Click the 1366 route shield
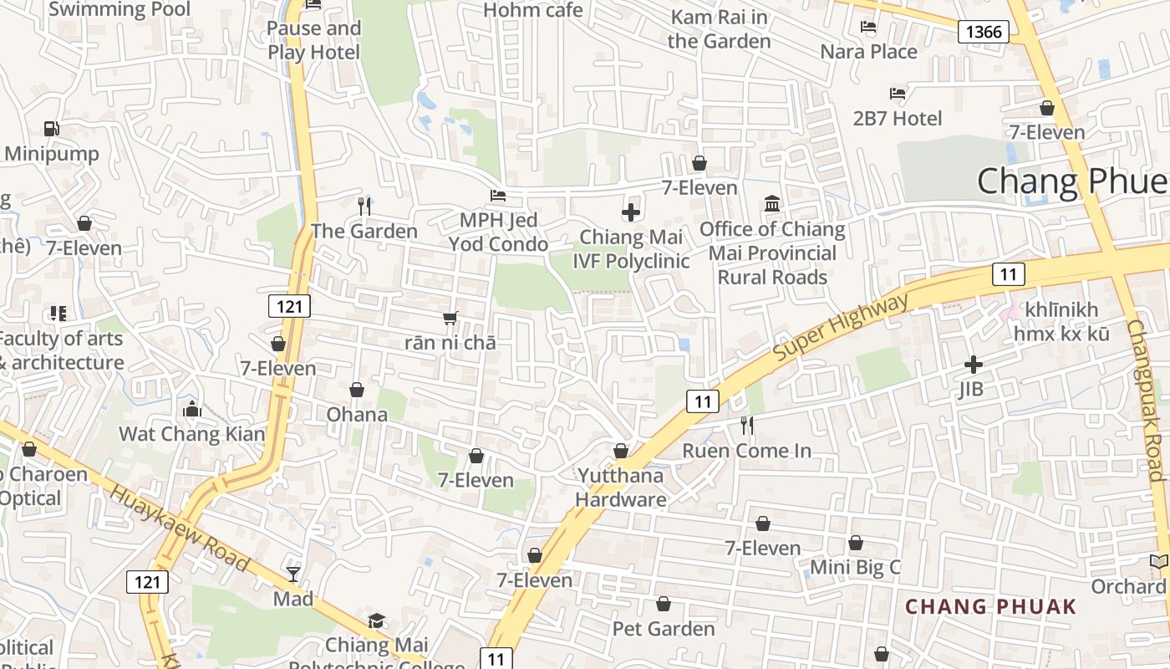(983, 32)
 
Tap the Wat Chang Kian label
(191, 434)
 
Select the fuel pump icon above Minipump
(52, 129)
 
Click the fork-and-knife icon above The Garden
(364, 206)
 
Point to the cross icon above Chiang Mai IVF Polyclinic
(631, 212)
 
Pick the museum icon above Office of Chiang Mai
(772, 204)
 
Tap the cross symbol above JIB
(973, 365)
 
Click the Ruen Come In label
(746, 451)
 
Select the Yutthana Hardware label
(621, 488)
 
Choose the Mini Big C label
(855, 568)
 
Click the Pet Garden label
(664, 628)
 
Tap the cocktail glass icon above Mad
(293, 574)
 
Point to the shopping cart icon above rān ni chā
(450, 318)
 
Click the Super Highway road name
(840, 327)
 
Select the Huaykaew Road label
(180, 528)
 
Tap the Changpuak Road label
(1145, 401)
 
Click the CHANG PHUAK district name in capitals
(991, 606)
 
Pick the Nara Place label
(868, 52)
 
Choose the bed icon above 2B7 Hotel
(898, 94)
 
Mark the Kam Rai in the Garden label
(719, 29)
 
